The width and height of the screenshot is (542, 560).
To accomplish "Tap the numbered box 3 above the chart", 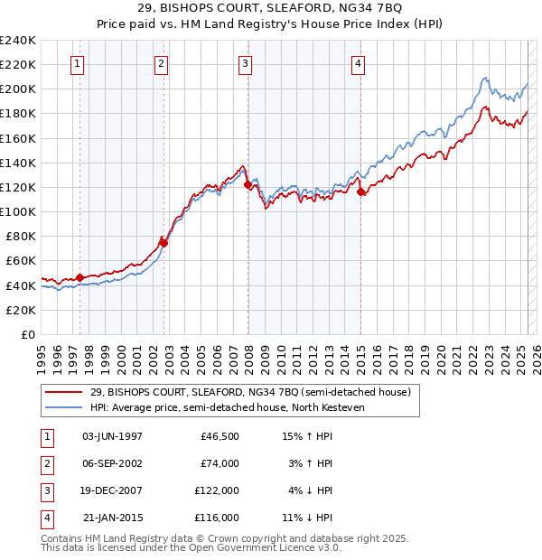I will [246, 63].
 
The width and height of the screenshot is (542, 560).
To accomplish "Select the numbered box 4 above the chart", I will [359, 63].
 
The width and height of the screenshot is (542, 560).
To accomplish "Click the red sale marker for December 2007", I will [248, 184].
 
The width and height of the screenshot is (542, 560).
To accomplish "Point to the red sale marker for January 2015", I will [360, 191].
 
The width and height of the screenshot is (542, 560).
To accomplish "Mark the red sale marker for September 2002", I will [164, 243].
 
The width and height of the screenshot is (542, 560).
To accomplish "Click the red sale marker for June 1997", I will [79, 277].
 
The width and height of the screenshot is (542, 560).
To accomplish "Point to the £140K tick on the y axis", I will [18, 163].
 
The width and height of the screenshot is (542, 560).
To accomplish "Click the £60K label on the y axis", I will [21, 260].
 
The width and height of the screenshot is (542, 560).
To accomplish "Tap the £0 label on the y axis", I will [27, 334].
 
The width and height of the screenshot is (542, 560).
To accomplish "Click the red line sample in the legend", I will [64, 392].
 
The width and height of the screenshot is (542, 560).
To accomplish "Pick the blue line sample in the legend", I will [64, 407].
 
